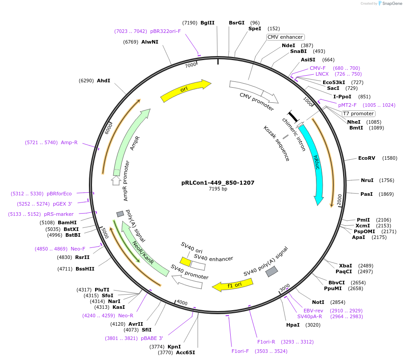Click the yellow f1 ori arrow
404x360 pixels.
232,285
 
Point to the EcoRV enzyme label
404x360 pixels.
367,158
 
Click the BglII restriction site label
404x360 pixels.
207,23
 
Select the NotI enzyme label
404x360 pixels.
318,302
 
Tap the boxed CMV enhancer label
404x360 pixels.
285,37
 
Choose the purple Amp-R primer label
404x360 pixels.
69,142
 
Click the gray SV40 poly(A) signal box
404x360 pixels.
272,271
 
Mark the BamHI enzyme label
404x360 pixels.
67,222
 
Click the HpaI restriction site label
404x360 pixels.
293,325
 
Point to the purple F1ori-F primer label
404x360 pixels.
240,351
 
